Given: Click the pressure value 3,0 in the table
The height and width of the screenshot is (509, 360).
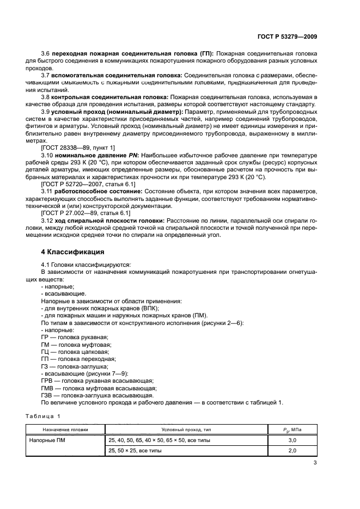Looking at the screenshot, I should pos(292,440).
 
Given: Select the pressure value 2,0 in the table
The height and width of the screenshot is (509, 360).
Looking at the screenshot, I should pos(292,451).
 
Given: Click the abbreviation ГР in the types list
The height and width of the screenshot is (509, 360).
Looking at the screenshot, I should pos(45,338).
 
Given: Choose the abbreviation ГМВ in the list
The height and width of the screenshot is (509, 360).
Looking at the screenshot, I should pos(47,388).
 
